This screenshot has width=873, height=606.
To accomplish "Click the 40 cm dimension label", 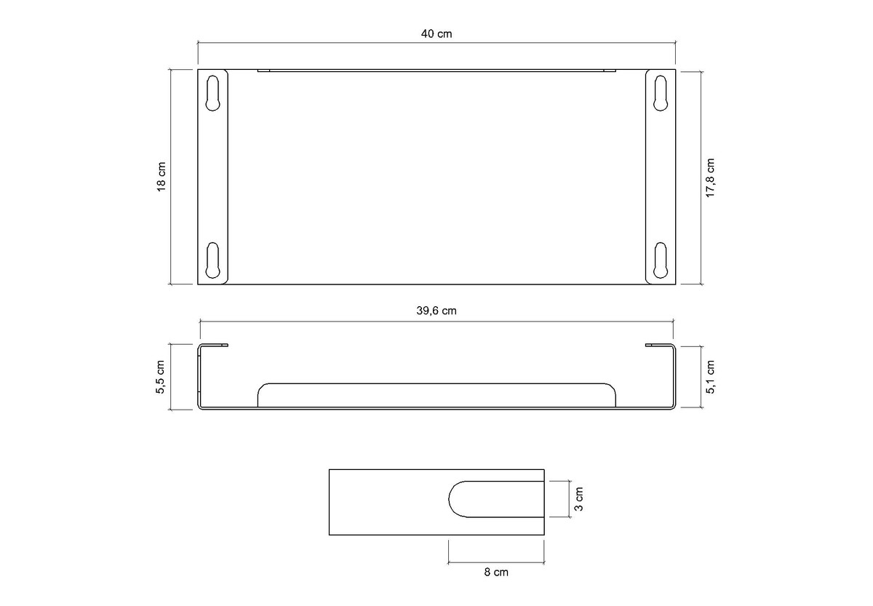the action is click(436, 34).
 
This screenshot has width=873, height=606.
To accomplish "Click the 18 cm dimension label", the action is click(162, 177).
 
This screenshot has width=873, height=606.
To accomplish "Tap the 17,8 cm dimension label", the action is click(710, 178).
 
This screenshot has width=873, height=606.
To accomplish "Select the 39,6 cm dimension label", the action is click(436, 311).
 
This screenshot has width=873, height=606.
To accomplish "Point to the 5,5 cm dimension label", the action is click(161, 377).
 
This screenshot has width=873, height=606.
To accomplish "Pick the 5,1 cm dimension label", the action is click(710, 377).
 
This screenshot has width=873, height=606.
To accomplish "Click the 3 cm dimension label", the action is click(579, 499).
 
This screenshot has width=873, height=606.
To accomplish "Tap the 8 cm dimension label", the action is click(496, 572).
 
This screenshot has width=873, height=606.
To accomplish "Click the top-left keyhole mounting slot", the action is click(212, 93).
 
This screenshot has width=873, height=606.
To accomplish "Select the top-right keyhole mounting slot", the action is click(661, 93).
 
